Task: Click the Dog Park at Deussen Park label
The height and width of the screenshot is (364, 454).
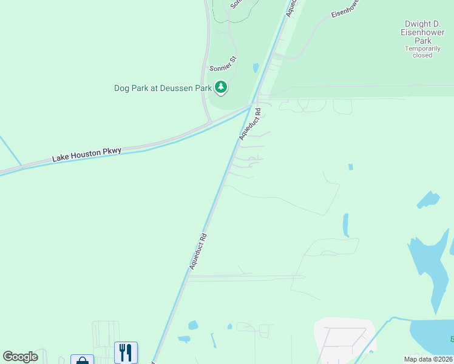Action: pos(163,88)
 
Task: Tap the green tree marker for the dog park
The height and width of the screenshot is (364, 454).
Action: pos(221,88)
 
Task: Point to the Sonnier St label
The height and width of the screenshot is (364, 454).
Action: pos(222,63)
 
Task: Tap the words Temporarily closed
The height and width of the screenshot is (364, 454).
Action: pos(422,52)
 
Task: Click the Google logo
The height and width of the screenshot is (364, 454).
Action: pos(20,357)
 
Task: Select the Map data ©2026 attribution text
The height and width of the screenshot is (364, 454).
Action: pos(427,359)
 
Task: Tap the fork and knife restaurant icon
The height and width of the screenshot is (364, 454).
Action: pos(126,352)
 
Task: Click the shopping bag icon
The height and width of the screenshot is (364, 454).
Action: pos(82,360)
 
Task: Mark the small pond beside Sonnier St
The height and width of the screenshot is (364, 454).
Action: pos(256,67)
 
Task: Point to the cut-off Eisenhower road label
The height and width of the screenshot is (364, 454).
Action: pos(345,8)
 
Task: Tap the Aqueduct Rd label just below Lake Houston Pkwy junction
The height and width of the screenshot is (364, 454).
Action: pos(249,124)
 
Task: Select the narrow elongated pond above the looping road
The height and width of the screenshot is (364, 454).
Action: pos(345,224)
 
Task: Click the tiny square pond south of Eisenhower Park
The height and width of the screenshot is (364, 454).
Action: pos(350,166)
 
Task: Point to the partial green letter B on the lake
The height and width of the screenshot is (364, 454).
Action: pos(451,339)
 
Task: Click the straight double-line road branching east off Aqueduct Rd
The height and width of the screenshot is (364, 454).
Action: pos(243,277)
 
